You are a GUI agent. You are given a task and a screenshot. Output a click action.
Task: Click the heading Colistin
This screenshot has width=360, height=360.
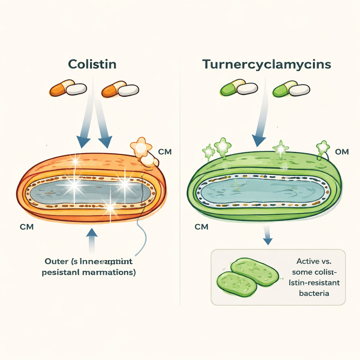click(x=92, y=65)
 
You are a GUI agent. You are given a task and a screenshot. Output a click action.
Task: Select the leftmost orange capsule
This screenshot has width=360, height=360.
click(x=68, y=89)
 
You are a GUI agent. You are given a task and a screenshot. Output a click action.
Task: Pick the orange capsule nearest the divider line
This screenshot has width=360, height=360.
click(x=120, y=89)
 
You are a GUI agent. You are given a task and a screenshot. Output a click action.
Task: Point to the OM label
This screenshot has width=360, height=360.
click(x=342, y=152)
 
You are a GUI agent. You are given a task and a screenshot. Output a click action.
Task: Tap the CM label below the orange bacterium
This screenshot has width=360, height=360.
click(x=27, y=227)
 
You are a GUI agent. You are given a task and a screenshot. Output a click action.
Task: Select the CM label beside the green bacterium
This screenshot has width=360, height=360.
click(x=201, y=227)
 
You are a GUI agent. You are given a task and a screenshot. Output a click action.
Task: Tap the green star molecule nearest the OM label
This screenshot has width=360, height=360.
click(x=323, y=147)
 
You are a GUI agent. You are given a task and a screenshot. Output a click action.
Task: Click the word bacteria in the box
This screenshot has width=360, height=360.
click(x=314, y=293)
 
